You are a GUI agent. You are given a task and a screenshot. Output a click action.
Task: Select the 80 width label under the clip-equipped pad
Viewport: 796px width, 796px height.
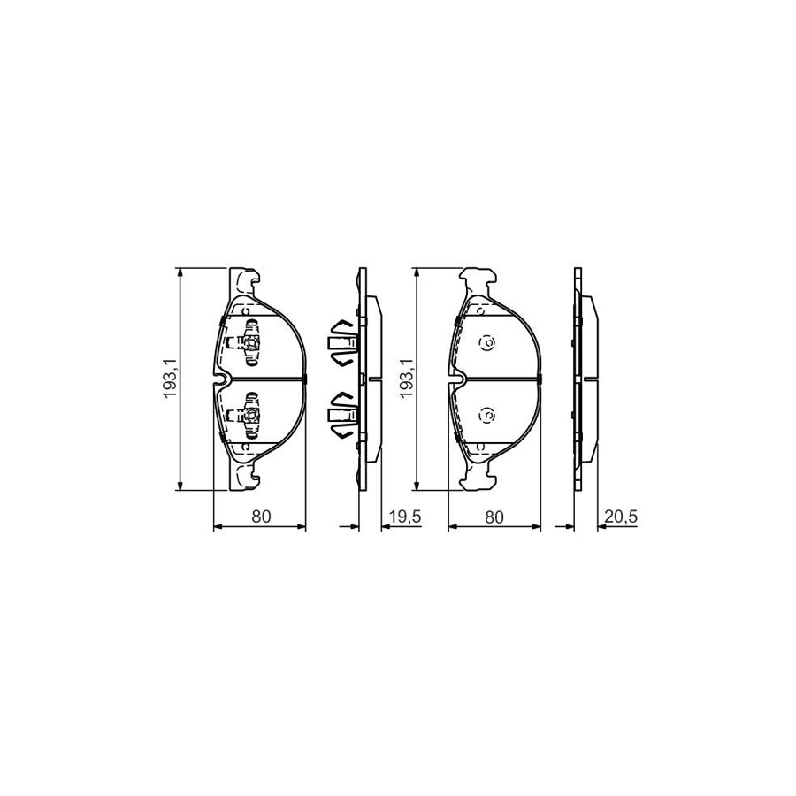coord(260,517)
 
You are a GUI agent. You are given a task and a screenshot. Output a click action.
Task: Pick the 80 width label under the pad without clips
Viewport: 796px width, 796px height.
coord(494,517)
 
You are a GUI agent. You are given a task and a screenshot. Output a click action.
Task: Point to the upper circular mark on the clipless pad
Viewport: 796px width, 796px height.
coord(486,343)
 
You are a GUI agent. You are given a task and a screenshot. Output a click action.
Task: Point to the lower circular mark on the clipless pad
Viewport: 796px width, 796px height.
coord(486,415)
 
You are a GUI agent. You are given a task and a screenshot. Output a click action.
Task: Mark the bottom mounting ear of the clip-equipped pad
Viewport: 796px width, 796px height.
coord(244,478)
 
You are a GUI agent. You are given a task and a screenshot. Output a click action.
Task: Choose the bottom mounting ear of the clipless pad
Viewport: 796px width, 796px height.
coord(478,478)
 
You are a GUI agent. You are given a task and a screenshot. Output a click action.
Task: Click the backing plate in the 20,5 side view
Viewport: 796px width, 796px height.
coord(577,379)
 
